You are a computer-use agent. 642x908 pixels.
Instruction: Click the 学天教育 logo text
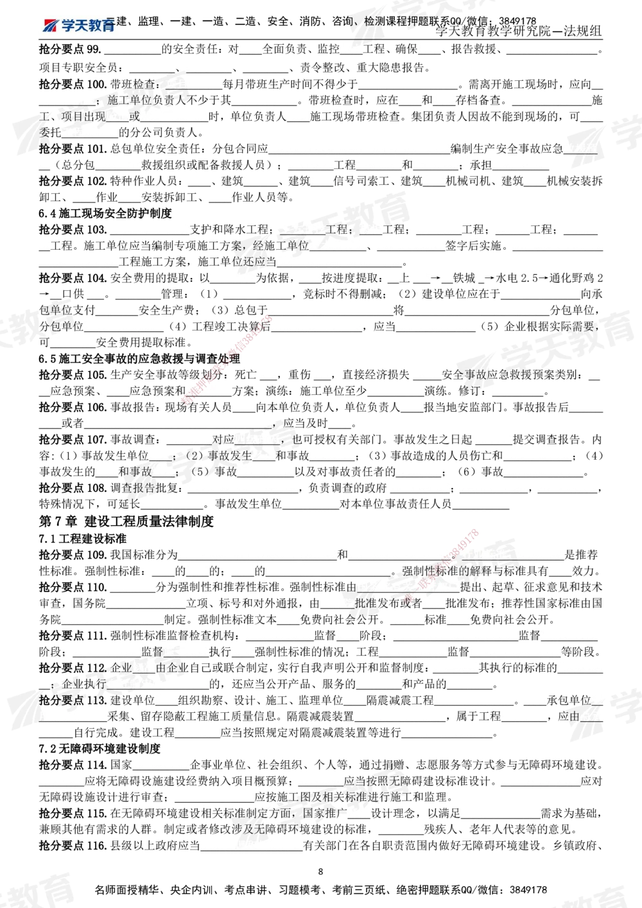[x=88, y=25]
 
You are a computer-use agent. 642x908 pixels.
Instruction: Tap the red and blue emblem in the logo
[x=50, y=25]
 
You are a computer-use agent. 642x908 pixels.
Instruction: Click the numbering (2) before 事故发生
[x=195, y=455]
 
